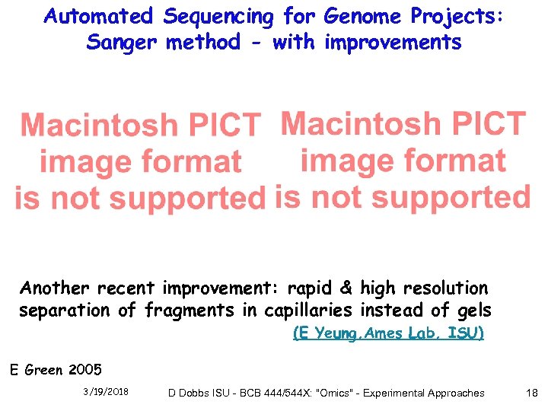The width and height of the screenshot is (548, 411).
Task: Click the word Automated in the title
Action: pyautogui.click(x=99, y=15)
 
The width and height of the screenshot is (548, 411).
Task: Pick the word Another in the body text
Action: pyautogui.click(x=50, y=288)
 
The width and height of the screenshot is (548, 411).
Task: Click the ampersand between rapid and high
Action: pyautogui.click(x=346, y=288)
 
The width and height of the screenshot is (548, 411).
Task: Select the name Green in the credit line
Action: pyautogui.click(x=45, y=371)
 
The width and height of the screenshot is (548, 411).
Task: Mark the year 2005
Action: pyautogui.click(x=84, y=371)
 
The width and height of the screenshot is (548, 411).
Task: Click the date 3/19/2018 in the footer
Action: pyautogui.click(x=106, y=393)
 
